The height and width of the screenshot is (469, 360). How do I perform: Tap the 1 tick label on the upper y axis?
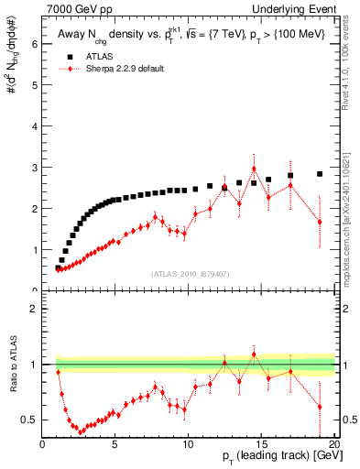pyautogui.click(x=33, y=249)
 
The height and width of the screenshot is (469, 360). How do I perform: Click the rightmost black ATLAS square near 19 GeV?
pyautogui.click(x=320, y=173)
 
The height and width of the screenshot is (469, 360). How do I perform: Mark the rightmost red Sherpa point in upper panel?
pyautogui.click(x=320, y=222)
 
